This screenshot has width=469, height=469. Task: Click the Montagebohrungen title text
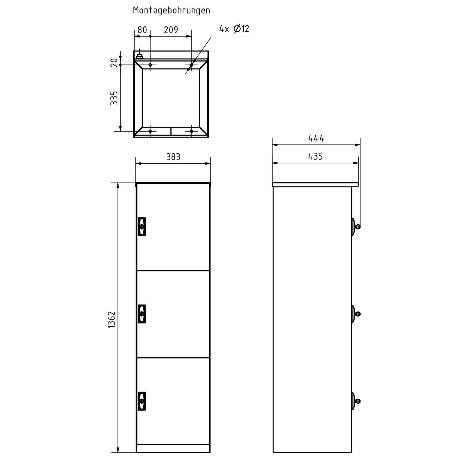[x=171, y=10]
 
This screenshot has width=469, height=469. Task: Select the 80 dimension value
[x=142, y=30]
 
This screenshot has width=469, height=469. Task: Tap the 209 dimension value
[x=171, y=30]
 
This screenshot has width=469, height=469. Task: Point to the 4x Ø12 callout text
[x=234, y=29]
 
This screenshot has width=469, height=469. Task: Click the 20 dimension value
[x=114, y=62]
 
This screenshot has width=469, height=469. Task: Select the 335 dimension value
[x=114, y=98]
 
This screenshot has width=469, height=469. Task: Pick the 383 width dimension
[x=173, y=157]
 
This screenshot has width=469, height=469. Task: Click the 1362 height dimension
[x=112, y=320]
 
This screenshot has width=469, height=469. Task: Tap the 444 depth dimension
[x=316, y=138]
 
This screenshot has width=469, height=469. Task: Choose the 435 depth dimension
[x=315, y=157]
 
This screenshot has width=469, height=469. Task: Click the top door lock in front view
[x=142, y=227]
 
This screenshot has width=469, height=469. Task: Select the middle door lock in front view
[x=142, y=314]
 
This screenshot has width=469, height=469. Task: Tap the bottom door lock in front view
[x=142, y=401]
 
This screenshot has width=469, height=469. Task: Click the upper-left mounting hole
[x=150, y=65]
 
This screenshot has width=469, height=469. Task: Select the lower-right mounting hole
[x=191, y=131]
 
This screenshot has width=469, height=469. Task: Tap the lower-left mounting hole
[x=150, y=131]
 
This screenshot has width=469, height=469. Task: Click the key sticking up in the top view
[x=140, y=54]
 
